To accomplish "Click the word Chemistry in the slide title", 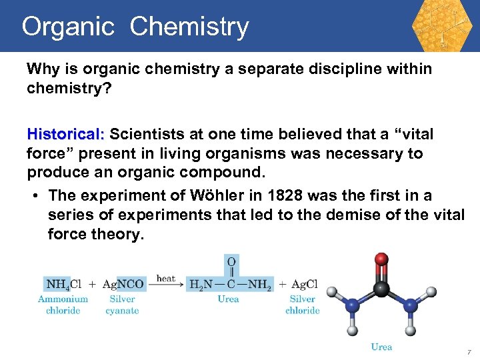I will (189, 27).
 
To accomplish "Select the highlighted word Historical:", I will (66, 135).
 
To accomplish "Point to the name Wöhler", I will (219, 195).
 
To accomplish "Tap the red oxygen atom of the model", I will (381, 259).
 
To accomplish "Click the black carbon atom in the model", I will (381, 288).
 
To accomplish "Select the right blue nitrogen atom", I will (411, 305).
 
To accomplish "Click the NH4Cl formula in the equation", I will (63, 285).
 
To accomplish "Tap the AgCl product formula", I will (304, 285).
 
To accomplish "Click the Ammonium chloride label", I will (63, 305).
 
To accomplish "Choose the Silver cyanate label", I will (122, 305).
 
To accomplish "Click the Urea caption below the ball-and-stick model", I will (381, 347).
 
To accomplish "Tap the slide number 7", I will (469, 351).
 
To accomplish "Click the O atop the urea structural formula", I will (231, 262).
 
